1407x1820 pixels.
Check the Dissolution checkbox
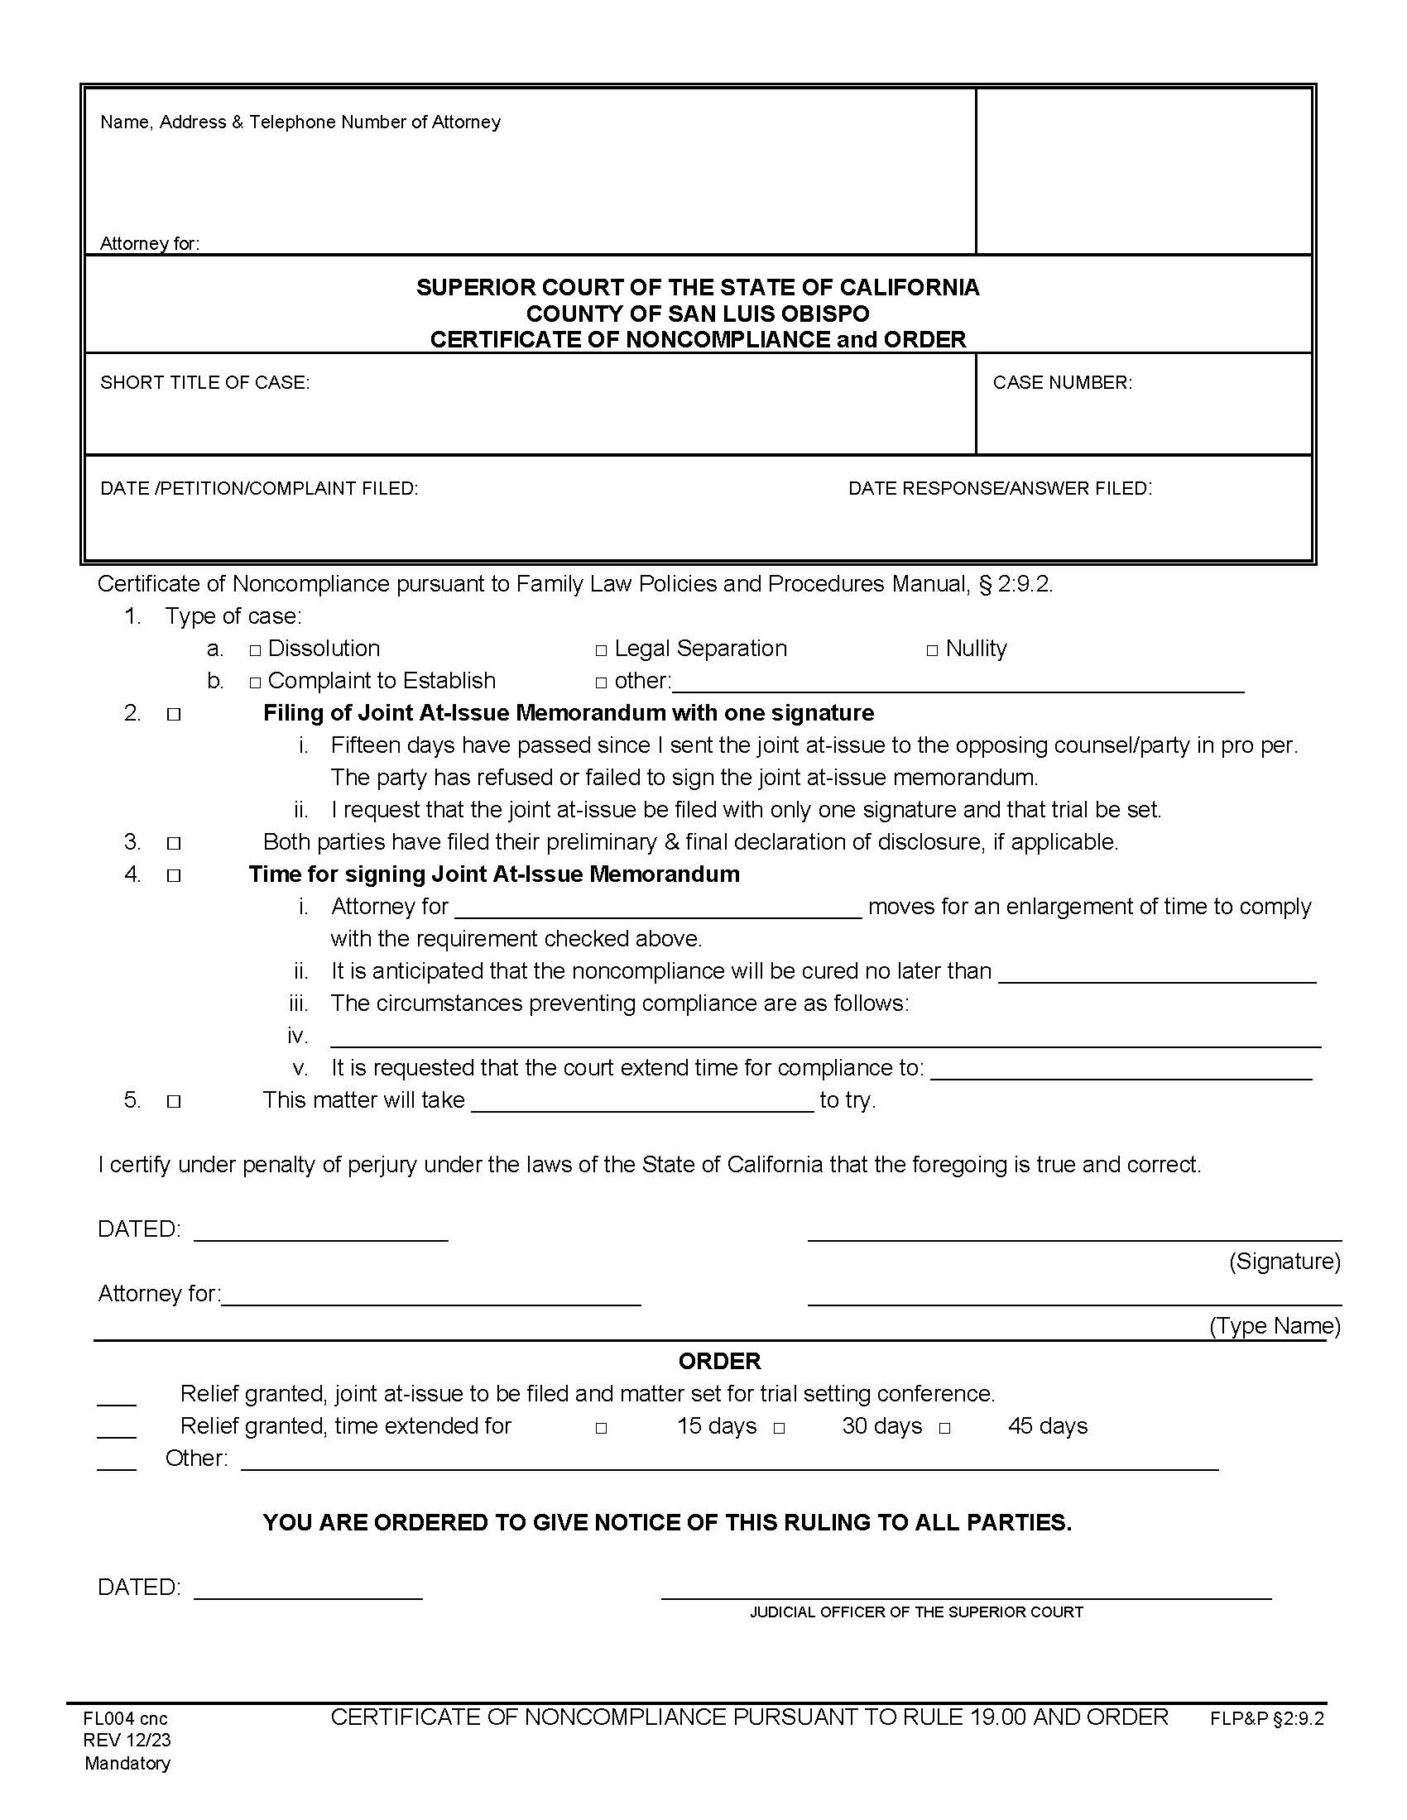coord(255,650)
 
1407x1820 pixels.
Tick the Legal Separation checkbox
coord(601,650)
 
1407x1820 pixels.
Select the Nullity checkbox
coord(932,650)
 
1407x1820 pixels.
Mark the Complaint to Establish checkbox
coord(255,682)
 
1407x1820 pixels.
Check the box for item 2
coord(173,714)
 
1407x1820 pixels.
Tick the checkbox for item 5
coord(173,1101)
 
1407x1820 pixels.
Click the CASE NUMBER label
coord(1062,382)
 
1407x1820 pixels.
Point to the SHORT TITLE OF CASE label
coord(205,382)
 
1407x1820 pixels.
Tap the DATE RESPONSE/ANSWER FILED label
coord(1000,488)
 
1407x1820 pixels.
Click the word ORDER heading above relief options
coord(718,1361)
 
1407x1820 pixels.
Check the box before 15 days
coord(601,1429)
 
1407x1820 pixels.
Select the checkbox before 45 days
coord(944,1429)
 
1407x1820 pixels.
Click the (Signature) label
coord(1284,1261)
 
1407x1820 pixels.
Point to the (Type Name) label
coord(1275,1326)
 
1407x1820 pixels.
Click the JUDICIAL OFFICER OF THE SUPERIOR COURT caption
coord(916,1612)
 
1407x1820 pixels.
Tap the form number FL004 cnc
coord(125,1718)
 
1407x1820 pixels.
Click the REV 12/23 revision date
coord(127,1740)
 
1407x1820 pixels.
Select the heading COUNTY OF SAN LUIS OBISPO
coord(698,314)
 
